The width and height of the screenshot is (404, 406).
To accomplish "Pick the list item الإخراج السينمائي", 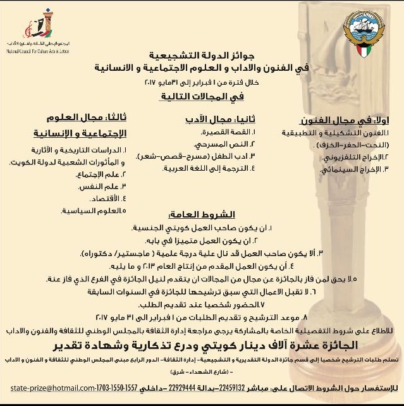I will (x=353, y=171).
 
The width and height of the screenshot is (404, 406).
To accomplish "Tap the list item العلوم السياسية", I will (x=94, y=209).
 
